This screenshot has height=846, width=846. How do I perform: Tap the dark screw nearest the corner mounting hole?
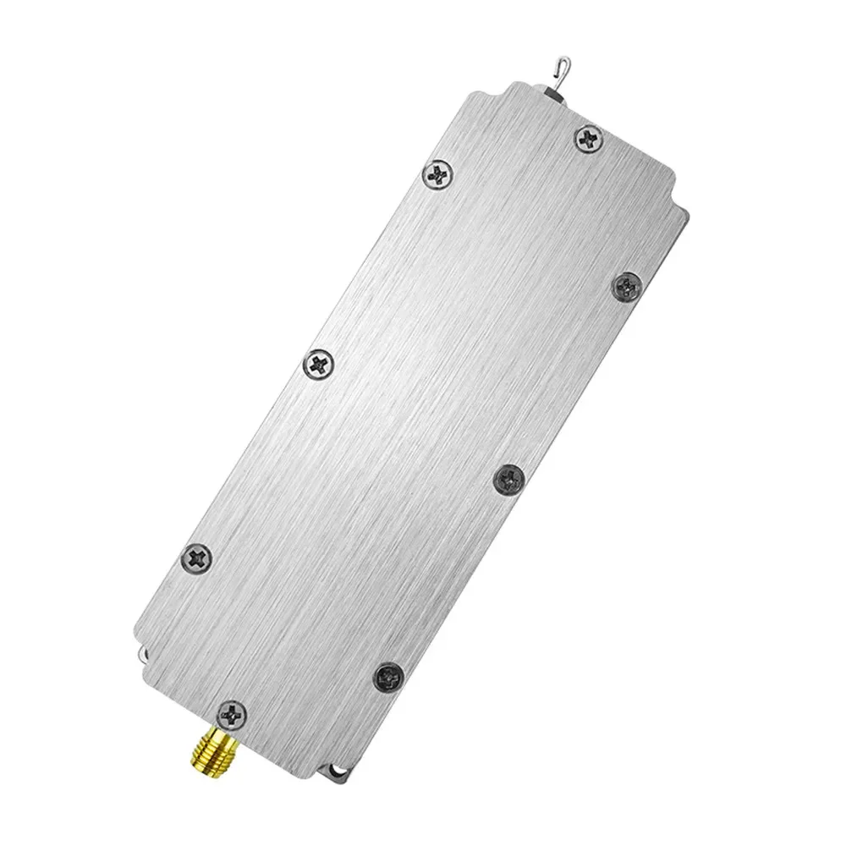[388, 673]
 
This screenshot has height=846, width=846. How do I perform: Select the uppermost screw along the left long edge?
[438, 176]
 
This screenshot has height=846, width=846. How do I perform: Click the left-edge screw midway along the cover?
[319, 365]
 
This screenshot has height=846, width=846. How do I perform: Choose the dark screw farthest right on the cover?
[627, 284]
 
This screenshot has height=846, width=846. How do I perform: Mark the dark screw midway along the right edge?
[508, 479]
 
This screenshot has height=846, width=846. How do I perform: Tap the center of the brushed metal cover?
[415, 423]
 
